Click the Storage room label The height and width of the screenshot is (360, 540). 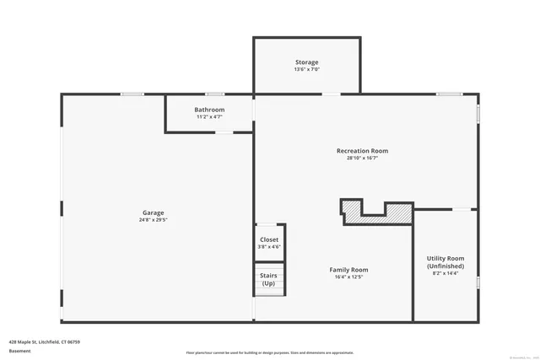pos(307,62)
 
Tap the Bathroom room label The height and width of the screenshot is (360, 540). pos(209,110)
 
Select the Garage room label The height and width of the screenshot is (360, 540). pos(153,212)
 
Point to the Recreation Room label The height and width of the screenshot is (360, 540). pos(362,151)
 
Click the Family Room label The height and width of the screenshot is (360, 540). pos(348,270)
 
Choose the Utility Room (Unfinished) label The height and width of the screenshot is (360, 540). pos(444,262)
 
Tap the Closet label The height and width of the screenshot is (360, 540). pos(269,239)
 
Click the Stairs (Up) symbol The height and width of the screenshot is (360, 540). pos(269,279)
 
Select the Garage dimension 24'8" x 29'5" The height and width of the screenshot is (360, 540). pos(153,220)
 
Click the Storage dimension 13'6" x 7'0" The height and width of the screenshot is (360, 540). pos(307,69)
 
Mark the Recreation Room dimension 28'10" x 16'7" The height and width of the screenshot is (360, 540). pos(362,159)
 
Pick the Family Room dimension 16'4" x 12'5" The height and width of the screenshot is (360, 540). pos(348,277)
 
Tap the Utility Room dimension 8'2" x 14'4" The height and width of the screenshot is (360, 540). pos(444,273)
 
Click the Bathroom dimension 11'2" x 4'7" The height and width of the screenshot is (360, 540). pos(209,117)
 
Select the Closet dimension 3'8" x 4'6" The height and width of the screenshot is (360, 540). pos(269,247)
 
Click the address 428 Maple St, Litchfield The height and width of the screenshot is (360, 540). pos(44,341)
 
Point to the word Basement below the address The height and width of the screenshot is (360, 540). pos(19,351)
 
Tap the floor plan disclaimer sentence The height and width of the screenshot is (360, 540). pos(269,352)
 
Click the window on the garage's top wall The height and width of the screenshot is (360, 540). pos(132,94)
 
